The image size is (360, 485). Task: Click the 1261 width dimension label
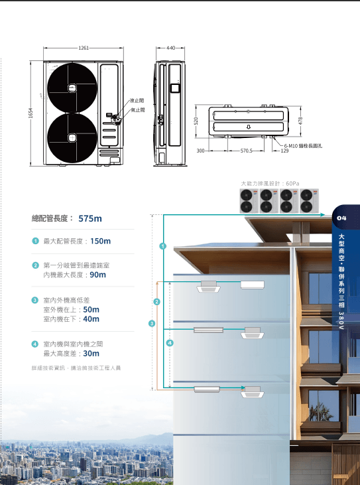tap(84, 48)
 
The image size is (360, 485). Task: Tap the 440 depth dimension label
tap(170, 48)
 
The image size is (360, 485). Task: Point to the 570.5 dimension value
tap(246, 151)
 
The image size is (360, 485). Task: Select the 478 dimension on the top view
tap(300, 121)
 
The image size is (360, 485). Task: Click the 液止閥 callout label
tap(137, 101)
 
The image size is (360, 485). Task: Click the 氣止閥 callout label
tap(137, 110)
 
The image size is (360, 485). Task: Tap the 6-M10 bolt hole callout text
tap(303, 146)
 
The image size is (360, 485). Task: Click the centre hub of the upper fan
tap(72, 88)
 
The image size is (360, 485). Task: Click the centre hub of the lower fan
tap(72, 137)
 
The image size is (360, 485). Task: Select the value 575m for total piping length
tap(90, 218)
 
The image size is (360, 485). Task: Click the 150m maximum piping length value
tap(100, 241)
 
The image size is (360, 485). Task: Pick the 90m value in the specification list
tap(97, 275)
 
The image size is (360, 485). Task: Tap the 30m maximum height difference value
tap(91, 354)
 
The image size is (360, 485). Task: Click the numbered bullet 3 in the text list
tap(35, 300)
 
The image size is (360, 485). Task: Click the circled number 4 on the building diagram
tap(170, 343)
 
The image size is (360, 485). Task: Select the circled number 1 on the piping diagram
tap(163, 246)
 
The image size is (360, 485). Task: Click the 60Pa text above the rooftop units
tap(292, 183)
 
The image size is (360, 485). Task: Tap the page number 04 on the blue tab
tap(342, 218)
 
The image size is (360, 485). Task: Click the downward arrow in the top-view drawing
tap(249, 127)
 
